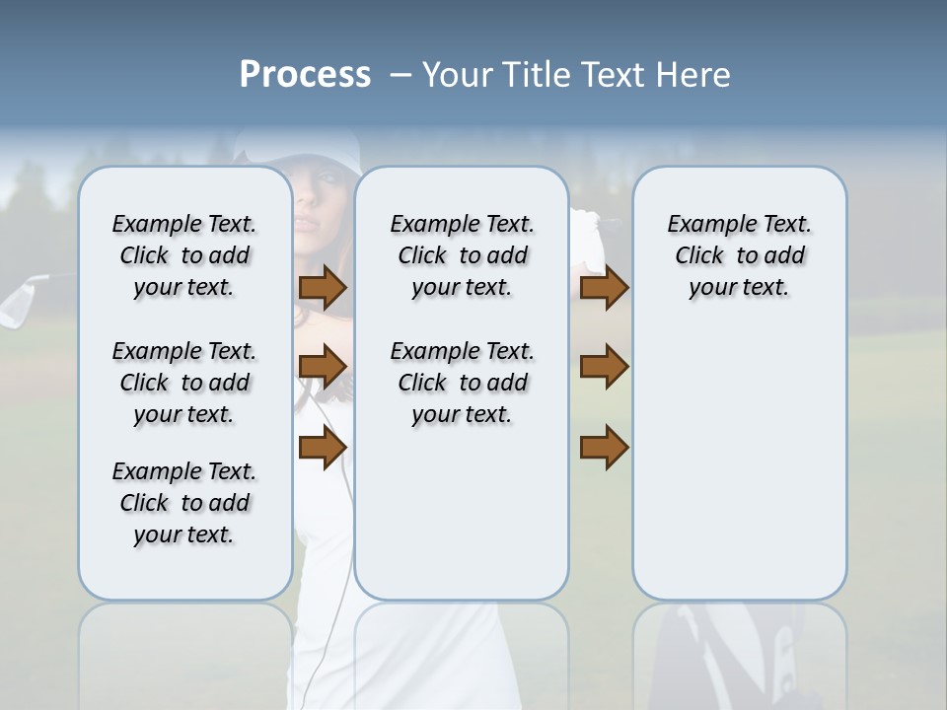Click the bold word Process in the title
click(x=305, y=75)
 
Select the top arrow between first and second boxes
click(x=323, y=288)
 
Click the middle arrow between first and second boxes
click(x=323, y=367)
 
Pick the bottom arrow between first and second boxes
click(x=323, y=449)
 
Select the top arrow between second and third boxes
click(x=604, y=288)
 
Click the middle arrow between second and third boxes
click(x=604, y=367)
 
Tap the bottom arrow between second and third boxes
click(x=604, y=449)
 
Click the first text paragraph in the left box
click(x=184, y=255)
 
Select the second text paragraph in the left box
click(x=184, y=383)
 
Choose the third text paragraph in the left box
click(x=184, y=503)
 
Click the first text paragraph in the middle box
click(x=462, y=255)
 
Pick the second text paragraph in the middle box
click(x=462, y=383)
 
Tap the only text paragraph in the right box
click(x=739, y=255)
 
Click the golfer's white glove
click(x=589, y=237)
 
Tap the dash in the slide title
click(x=401, y=75)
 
